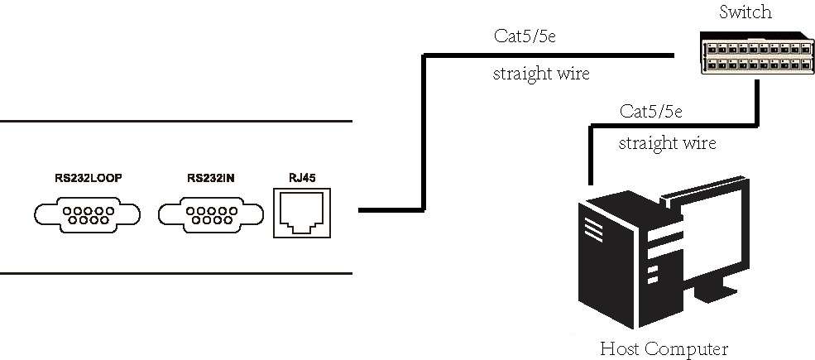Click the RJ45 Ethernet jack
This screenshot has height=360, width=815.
pyautogui.click(x=301, y=214)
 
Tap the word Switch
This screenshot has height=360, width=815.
pyautogui.click(x=745, y=12)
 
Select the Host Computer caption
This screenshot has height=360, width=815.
pyautogui.click(x=664, y=348)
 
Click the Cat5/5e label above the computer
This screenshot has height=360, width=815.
pyautogui.click(x=651, y=111)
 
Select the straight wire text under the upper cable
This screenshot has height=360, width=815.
pyautogui.click(x=541, y=74)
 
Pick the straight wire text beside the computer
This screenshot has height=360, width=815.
pyautogui.click(x=668, y=143)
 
